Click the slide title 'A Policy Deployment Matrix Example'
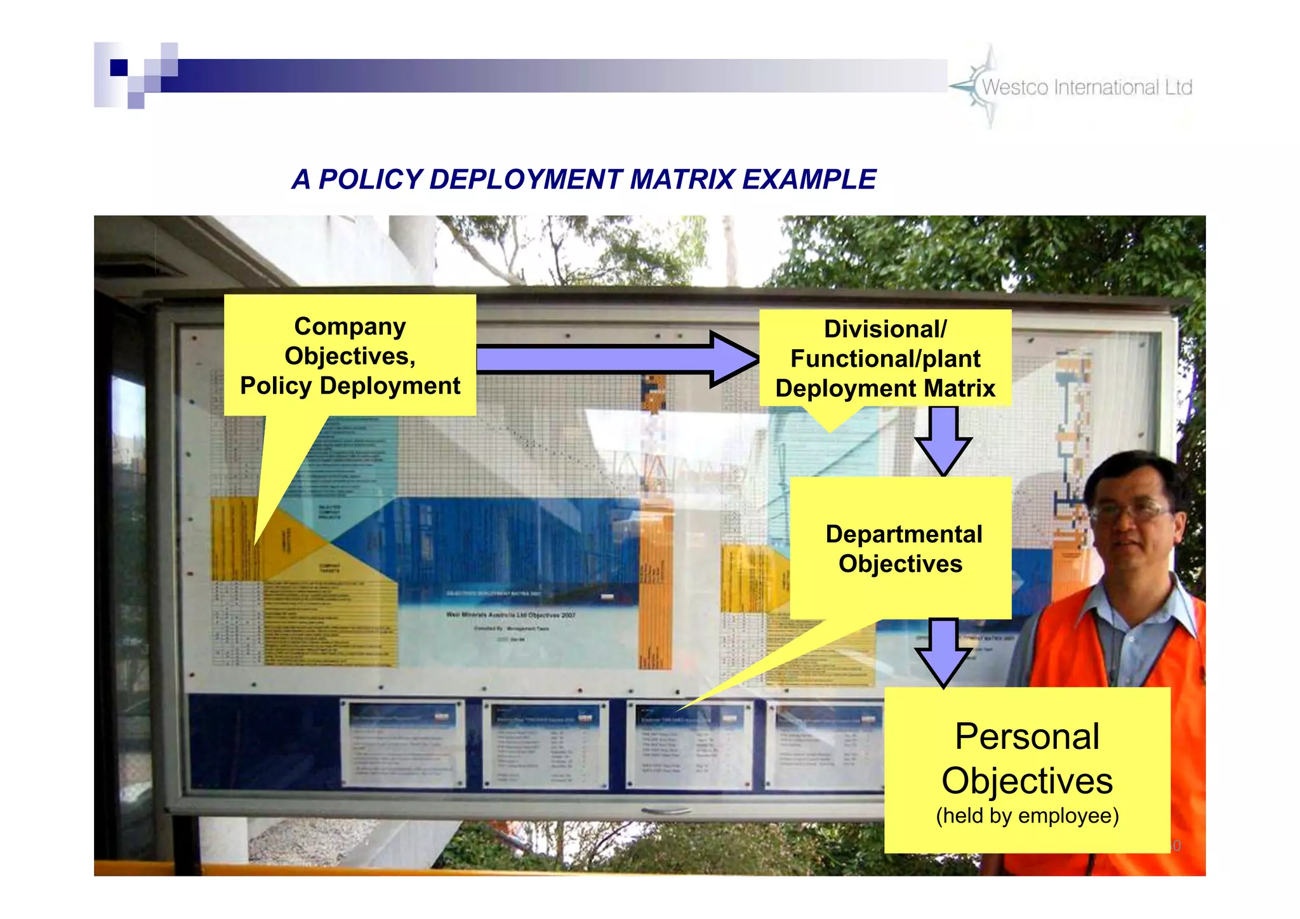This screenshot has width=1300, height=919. click(584, 180)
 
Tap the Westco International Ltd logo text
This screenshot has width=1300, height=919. click(1087, 87)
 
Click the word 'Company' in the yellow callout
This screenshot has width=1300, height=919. click(350, 327)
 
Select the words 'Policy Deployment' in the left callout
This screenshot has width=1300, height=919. click(350, 386)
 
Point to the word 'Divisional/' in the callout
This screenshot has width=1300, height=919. click(885, 329)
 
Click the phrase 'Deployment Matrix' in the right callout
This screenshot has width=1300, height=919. click(885, 388)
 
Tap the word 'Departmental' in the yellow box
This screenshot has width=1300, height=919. click(903, 534)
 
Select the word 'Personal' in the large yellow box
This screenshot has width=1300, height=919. click(1027, 737)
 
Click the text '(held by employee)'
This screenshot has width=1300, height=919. click(1027, 816)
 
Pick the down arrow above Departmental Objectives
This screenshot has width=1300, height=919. click(943, 440)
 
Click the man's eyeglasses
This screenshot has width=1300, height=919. click(1130, 512)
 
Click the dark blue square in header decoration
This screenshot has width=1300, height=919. click(119, 67)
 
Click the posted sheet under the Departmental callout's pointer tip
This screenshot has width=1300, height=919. click(689, 744)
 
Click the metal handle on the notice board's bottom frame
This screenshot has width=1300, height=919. click(667, 811)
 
